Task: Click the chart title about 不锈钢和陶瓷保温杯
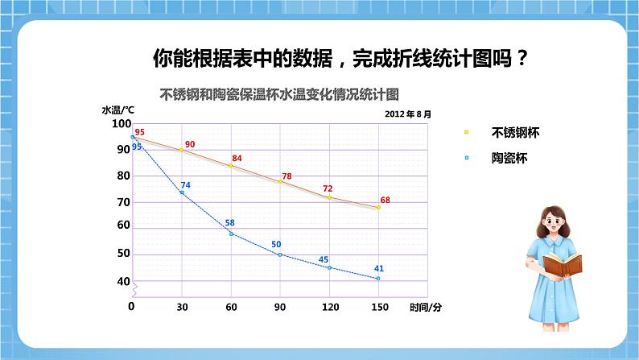280,93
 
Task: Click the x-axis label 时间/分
425,307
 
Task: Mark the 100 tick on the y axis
121,123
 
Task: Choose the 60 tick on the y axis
123,226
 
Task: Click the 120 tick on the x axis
328,307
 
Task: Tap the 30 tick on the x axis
182,307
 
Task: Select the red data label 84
237,158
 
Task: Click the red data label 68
385,200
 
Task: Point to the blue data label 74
185,185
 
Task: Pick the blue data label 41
378,268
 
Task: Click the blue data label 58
229,223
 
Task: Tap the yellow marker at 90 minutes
280,182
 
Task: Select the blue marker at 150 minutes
378,279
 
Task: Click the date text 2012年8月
409,114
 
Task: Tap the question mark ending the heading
524,58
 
